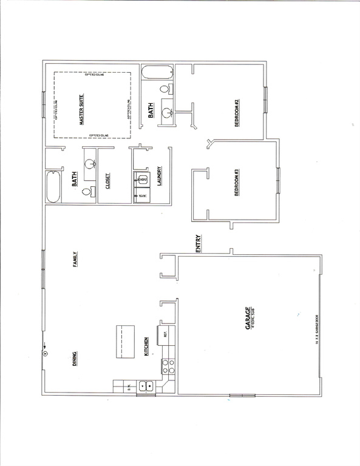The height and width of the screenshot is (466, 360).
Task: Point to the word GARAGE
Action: pos(247,319)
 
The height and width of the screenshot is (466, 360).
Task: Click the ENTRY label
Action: pos(199,243)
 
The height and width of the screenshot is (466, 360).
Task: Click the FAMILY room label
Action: pos(76,261)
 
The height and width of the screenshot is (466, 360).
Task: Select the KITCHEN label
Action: pos(146,348)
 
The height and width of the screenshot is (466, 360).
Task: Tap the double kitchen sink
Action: pos(146,385)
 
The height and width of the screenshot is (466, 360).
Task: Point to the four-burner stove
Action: pos(168,366)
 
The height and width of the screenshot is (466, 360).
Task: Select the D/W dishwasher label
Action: pos(129,385)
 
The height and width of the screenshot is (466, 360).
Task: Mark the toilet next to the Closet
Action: pos(87,192)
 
